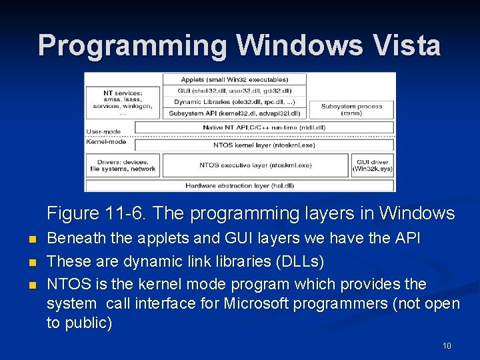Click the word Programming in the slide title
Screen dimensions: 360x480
(133, 45)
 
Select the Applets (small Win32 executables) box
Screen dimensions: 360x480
(234, 79)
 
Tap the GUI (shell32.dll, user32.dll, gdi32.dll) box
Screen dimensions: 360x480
(234, 91)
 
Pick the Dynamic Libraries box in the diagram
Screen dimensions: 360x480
(234, 102)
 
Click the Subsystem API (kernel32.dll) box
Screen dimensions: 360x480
(234, 113)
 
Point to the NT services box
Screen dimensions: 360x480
(123, 103)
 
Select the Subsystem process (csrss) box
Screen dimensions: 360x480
(351, 109)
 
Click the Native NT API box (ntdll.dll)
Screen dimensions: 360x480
(264, 127)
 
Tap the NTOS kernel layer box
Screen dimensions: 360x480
(264, 145)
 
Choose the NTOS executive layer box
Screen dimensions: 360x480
(255, 165)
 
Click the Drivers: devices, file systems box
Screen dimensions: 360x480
(123, 165)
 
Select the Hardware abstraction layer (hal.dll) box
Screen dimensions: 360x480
(239, 185)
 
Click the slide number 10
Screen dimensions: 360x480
(447, 345)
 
